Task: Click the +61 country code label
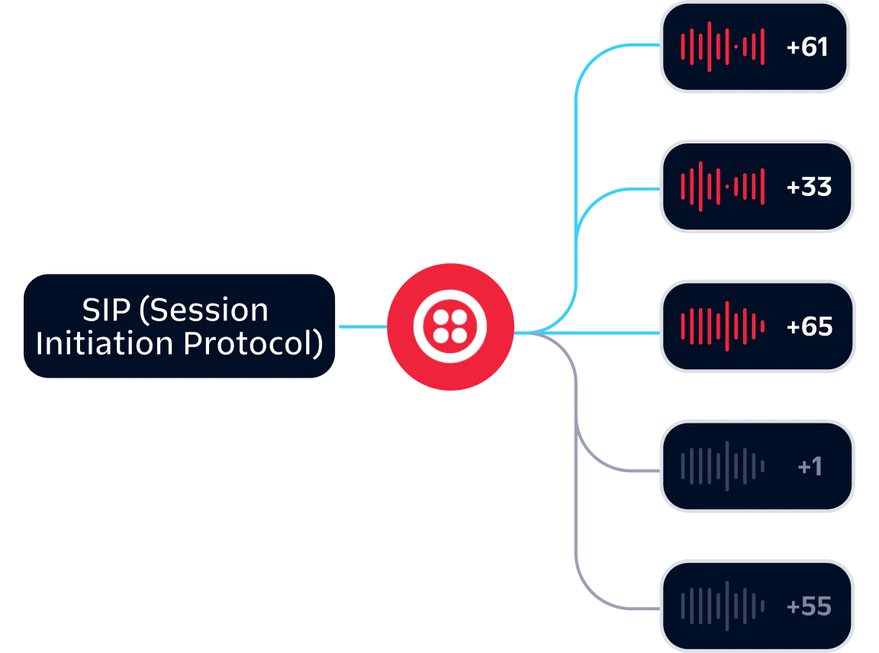[x=807, y=47]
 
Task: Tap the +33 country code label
[x=809, y=187]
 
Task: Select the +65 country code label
[x=809, y=326]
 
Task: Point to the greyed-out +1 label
[x=810, y=466]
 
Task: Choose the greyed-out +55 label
[x=809, y=606]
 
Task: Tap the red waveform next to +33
[x=722, y=187]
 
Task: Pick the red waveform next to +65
[x=722, y=326]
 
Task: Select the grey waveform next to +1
[x=722, y=466]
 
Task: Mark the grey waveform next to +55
[x=722, y=606]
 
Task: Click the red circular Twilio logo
[x=450, y=326]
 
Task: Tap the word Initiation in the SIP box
[x=103, y=343]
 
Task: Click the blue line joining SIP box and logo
[x=362, y=326]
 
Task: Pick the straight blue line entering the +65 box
[x=610, y=333]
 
